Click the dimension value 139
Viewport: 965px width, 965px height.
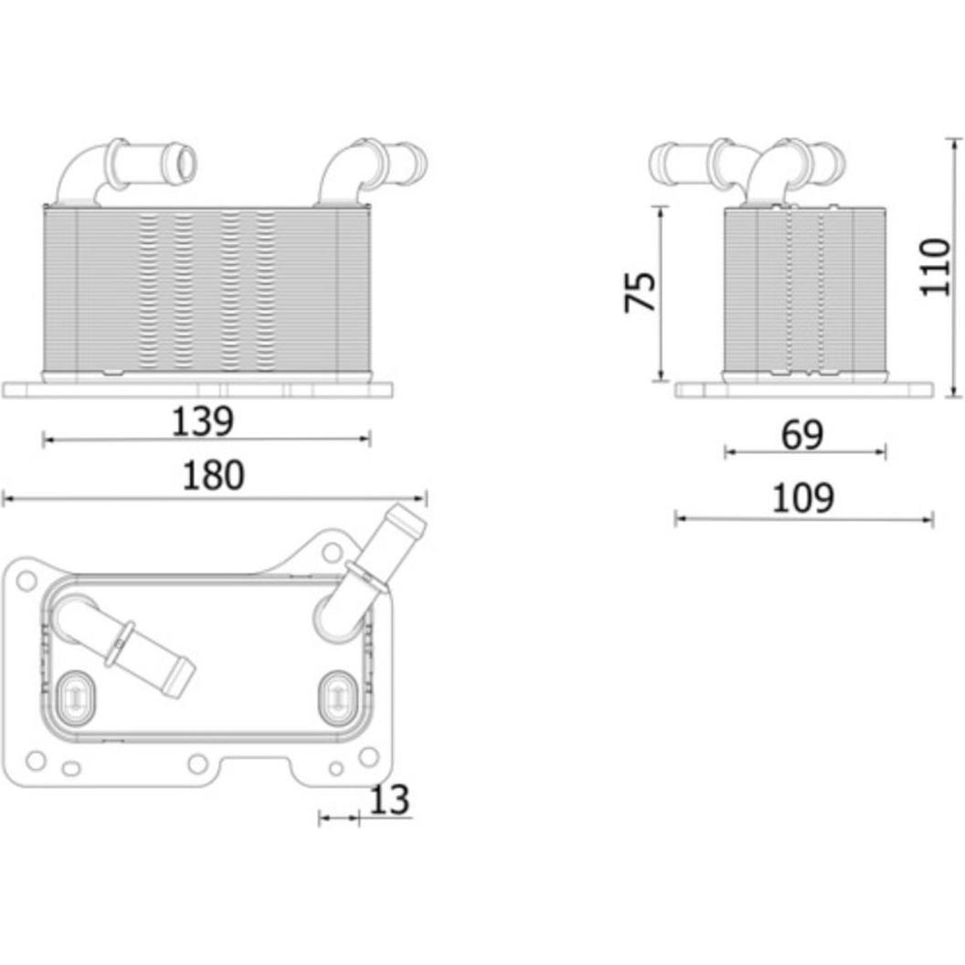click(x=203, y=422)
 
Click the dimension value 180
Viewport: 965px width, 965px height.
click(x=213, y=476)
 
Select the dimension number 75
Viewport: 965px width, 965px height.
click(x=640, y=292)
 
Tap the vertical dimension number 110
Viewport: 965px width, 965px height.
click(x=935, y=267)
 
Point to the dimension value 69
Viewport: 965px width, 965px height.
click(x=802, y=435)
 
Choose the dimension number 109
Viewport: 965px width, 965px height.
click(x=803, y=498)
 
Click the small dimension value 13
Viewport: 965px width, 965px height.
click(x=389, y=801)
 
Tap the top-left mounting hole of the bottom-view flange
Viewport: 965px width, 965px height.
click(x=27, y=579)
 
